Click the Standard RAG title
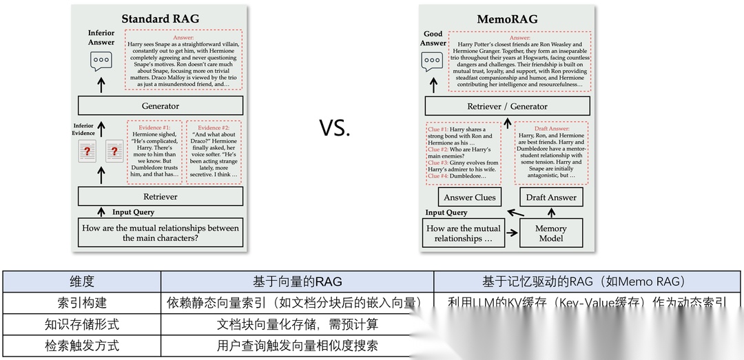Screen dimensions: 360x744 pyautogui.click(x=160, y=19)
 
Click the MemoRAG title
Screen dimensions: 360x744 pyautogui.click(x=507, y=19)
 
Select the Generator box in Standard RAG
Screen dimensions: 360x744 pyautogui.click(x=161, y=106)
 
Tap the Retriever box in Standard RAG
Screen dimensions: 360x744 pyautogui.click(x=161, y=197)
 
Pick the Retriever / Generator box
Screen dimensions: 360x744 pyautogui.click(x=507, y=106)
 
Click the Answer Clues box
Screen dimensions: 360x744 pyautogui.click(x=470, y=198)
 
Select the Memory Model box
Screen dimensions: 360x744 pyautogui.click(x=551, y=233)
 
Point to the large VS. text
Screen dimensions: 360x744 pyautogui.click(x=335, y=128)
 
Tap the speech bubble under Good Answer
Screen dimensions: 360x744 pyautogui.click(x=433, y=61)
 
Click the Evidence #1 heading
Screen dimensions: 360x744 pyautogui.click(x=154, y=128)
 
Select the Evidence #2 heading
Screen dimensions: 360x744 pyautogui.click(x=214, y=128)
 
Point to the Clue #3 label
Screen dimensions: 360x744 pyautogui.click(x=438, y=162)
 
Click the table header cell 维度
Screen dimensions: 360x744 pyautogui.click(x=82, y=282)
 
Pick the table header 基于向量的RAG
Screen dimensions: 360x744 pyautogui.click(x=297, y=282)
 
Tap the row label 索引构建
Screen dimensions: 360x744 pyautogui.click(x=82, y=303)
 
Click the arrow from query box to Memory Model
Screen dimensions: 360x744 pyautogui.click(x=511, y=234)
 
